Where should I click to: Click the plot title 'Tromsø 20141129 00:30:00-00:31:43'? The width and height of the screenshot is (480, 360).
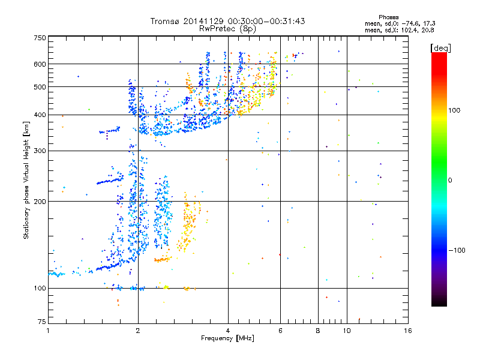pos(228,21)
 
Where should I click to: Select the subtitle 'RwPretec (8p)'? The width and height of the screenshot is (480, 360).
pos(228,28)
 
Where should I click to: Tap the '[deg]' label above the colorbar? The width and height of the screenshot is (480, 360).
pos(441,47)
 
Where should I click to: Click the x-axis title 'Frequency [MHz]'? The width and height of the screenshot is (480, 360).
pos(227,338)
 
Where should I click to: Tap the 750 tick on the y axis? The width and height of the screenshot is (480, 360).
pos(40,38)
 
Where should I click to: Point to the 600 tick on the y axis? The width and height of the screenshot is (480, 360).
pos(40,64)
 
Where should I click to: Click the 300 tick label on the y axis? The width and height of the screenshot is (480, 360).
pos(40,151)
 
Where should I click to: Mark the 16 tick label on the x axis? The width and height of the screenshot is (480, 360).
pos(407,331)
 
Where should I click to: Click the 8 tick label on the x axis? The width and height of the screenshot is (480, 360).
pos(318,331)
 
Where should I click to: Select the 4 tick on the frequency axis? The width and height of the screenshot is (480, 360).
pos(228,331)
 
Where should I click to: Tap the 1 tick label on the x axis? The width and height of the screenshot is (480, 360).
pos(48,331)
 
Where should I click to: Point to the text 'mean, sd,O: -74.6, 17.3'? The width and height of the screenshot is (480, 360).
pos(399,23)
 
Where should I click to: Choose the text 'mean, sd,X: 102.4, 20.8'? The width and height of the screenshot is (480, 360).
pos(399,29)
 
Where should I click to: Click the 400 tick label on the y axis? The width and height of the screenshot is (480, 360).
pos(40,115)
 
